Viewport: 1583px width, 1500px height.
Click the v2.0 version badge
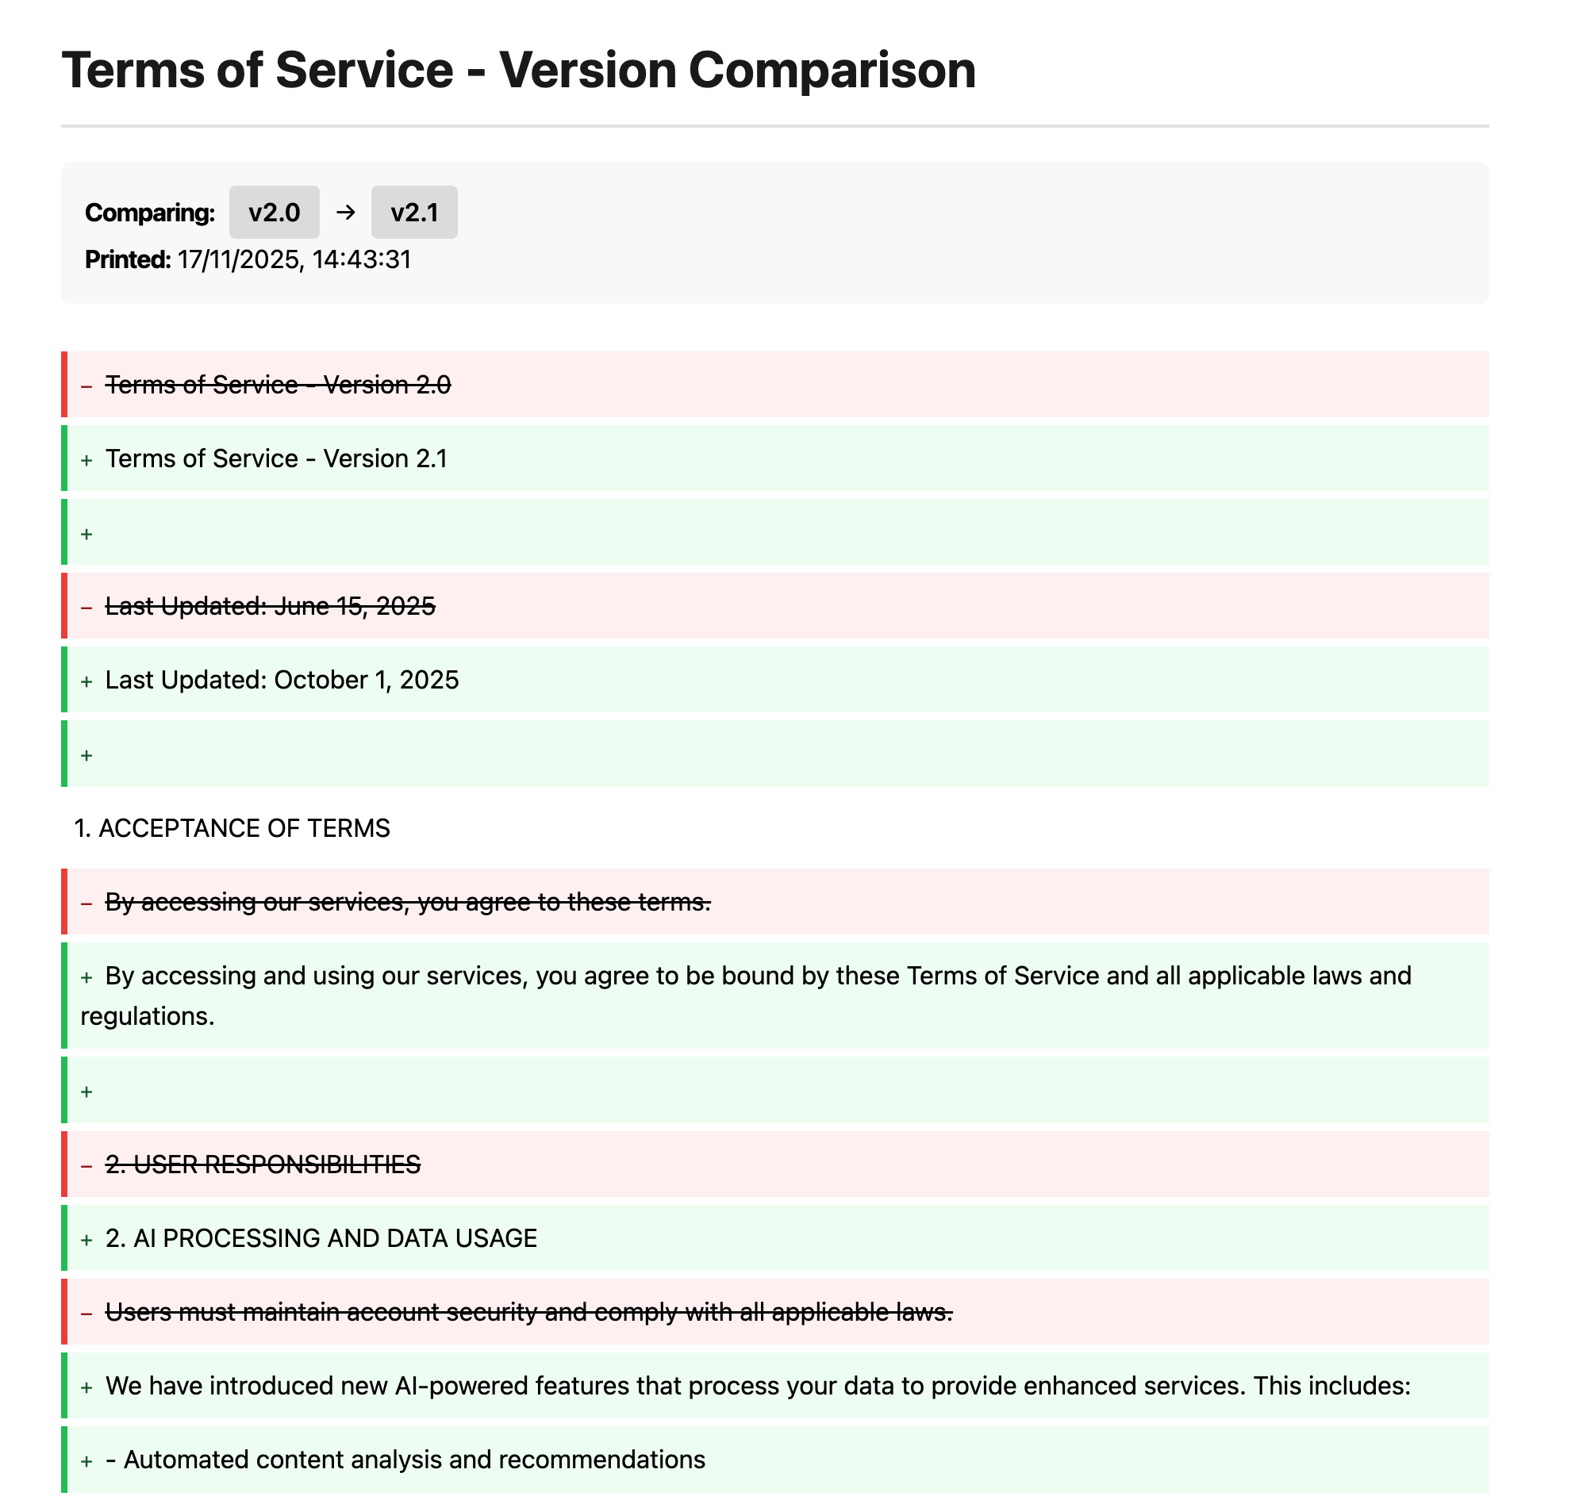coord(275,213)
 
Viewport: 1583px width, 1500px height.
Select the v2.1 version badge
coord(414,213)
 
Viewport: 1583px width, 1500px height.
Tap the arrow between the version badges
coord(345,213)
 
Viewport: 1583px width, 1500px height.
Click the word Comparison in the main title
coord(831,71)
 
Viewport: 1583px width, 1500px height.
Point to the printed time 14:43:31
coord(362,260)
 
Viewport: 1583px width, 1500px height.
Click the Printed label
coord(128,260)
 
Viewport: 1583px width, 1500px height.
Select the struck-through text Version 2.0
coord(387,386)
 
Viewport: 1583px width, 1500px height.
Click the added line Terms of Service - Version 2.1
coord(276,459)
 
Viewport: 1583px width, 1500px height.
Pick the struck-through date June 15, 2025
coord(355,607)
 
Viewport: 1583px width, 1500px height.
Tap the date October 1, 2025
coord(367,681)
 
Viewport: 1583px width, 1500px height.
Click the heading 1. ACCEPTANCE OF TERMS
coord(232,828)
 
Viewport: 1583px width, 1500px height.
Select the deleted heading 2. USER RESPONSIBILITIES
coord(263,1165)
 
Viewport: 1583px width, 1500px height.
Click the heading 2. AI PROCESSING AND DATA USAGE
coord(321,1238)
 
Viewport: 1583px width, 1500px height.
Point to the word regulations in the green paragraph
coord(146,1017)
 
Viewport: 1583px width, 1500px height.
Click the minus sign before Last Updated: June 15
coord(86,608)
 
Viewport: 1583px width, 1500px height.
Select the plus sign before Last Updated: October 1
coord(86,682)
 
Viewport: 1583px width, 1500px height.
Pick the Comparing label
coord(151,213)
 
